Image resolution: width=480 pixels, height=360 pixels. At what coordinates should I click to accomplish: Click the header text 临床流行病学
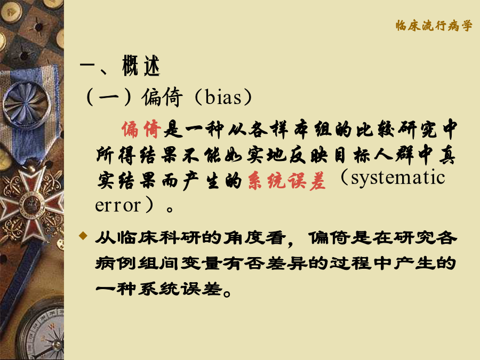click(x=434, y=26)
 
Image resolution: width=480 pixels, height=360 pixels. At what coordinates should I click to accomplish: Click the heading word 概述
click(x=141, y=66)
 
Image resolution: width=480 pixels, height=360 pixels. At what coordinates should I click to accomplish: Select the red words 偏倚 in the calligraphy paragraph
click(x=141, y=129)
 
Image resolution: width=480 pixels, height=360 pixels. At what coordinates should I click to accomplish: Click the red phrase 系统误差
click(x=286, y=181)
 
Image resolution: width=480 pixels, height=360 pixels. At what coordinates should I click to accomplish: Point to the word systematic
click(x=398, y=178)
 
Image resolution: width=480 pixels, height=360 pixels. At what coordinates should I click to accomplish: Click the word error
click(x=118, y=205)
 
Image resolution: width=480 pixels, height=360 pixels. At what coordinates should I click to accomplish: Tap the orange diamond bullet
click(x=83, y=236)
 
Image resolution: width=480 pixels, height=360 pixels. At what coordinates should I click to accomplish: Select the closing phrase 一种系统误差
click(x=159, y=289)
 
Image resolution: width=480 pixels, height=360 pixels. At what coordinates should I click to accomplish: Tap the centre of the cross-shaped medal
click(x=30, y=203)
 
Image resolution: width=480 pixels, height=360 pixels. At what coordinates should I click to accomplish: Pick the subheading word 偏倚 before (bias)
click(x=162, y=97)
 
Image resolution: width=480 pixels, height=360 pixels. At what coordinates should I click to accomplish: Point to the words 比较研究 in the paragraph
click(x=397, y=129)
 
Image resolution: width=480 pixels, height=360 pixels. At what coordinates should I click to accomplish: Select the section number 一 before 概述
click(x=87, y=65)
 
